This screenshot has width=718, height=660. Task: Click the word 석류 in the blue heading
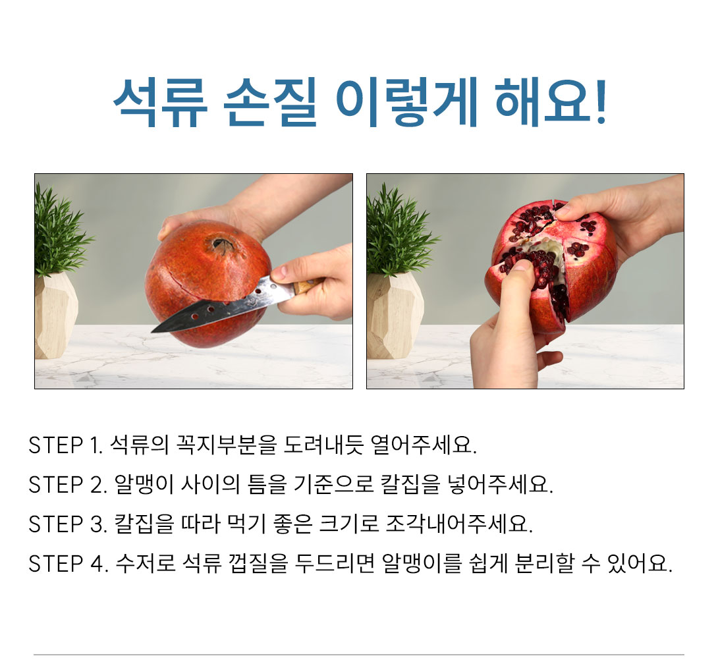tap(160, 102)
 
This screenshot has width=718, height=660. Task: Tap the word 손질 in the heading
tap(270, 102)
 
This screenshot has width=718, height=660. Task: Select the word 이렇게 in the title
tap(406, 102)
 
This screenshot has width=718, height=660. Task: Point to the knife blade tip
tap(152, 331)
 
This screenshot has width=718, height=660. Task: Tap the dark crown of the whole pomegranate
tap(223, 246)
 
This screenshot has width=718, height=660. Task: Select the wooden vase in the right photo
tap(394, 316)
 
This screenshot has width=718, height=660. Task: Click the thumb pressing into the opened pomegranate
tap(518, 283)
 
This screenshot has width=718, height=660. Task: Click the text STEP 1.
tap(66, 445)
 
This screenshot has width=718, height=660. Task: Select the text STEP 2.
tap(67, 485)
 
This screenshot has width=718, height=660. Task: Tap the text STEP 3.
tap(67, 524)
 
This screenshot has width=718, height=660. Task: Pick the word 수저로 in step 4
tap(146, 563)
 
